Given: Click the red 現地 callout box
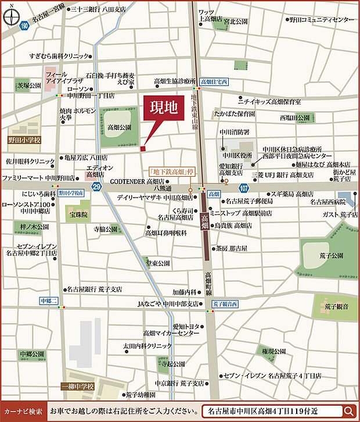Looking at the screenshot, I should point(163,110).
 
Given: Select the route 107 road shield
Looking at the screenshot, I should point(244,188).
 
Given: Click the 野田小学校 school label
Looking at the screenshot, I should point(25,140).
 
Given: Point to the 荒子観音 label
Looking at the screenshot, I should point(337,306).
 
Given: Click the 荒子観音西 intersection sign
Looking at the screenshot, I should point(225,303).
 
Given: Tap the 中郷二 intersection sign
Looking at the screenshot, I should point(48,301).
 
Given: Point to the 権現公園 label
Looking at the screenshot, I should point(272,352).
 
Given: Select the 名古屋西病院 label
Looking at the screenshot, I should point(328,201).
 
